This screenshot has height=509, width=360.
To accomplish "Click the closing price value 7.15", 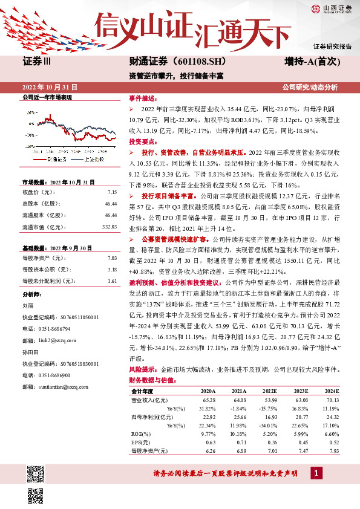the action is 111,192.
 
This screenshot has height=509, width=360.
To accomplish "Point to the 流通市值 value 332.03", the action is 109,226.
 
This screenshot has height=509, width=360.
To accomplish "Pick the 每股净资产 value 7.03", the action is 111,258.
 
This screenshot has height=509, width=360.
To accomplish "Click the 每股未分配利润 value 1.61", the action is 111,280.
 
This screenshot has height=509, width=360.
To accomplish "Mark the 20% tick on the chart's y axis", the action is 30,112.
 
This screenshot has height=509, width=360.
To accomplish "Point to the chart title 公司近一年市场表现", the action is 47,97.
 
